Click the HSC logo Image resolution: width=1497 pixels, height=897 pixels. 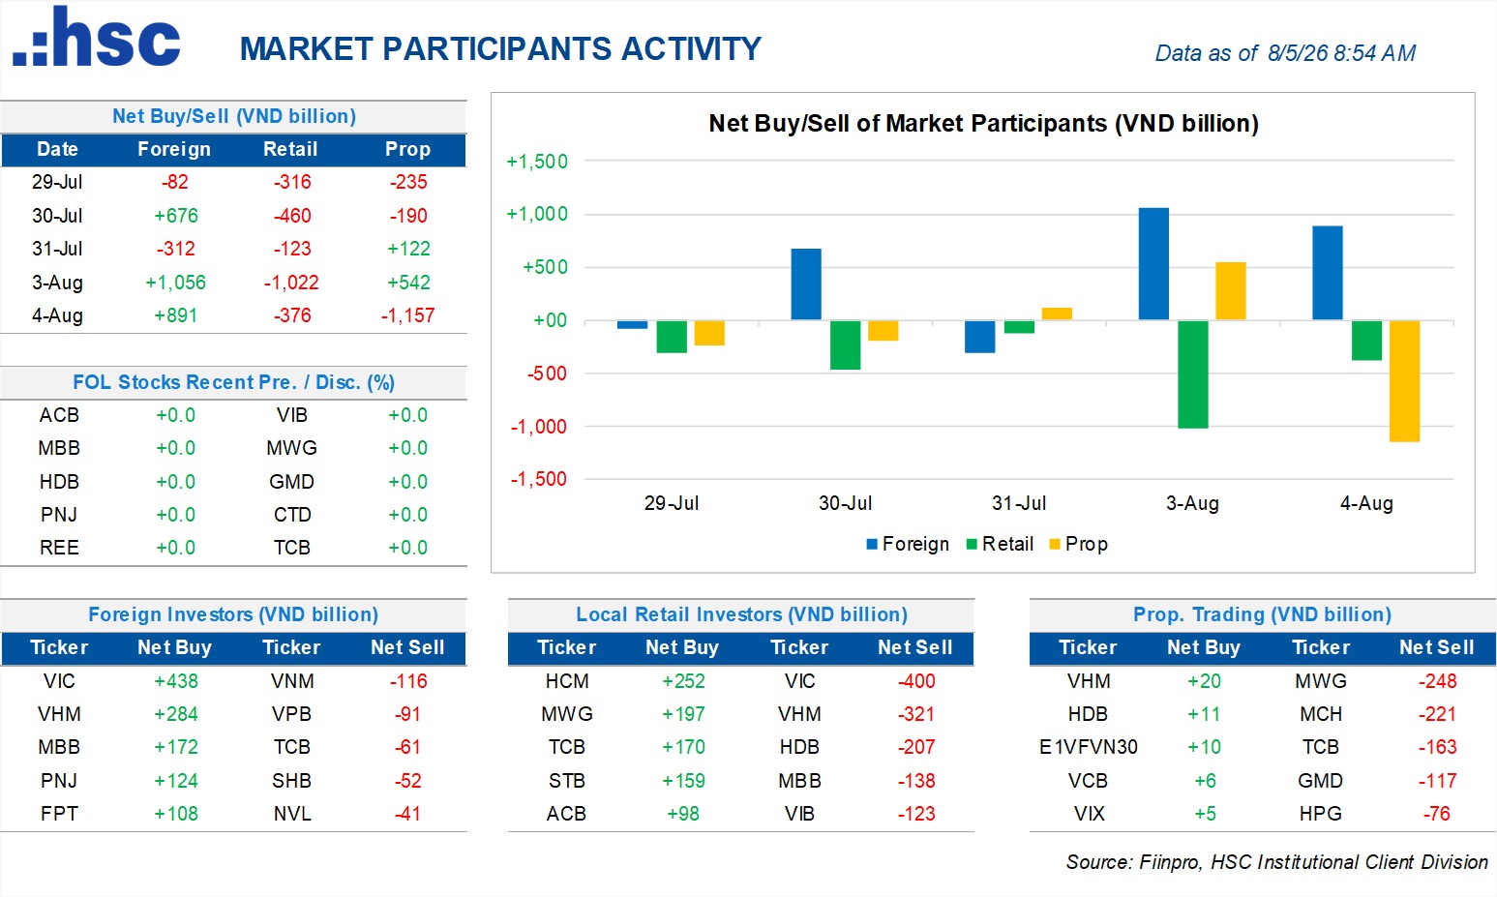[x=97, y=37]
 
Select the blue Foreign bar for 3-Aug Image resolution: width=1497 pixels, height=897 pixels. [x=1153, y=264]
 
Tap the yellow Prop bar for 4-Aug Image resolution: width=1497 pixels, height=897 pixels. [x=1404, y=381]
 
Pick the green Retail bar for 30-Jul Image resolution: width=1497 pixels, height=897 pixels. [x=846, y=344]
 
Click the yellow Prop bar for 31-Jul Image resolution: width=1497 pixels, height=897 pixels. [x=1057, y=314]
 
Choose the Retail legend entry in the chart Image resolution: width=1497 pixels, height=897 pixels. [x=1000, y=544]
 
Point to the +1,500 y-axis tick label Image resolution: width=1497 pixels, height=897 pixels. [x=537, y=161]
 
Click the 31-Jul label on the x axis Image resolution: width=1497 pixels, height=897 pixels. [x=1019, y=502]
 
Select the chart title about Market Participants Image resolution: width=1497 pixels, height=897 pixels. [x=983, y=124]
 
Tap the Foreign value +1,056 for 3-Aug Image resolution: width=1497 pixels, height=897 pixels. [x=176, y=283]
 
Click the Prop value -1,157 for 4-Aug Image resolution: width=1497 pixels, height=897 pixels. [x=407, y=315]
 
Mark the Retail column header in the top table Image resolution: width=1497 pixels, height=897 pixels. [x=290, y=149]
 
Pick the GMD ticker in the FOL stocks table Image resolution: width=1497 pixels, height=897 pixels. [x=291, y=481]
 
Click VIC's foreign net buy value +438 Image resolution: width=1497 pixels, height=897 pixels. [x=176, y=681]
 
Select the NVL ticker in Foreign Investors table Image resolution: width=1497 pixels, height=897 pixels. [x=292, y=814]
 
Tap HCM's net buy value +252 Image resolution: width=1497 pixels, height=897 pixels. [x=683, y=681]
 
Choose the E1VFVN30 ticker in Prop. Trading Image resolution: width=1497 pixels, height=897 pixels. [x=1088, y=747]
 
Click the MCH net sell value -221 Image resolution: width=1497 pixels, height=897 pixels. [x=1437, y=714]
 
